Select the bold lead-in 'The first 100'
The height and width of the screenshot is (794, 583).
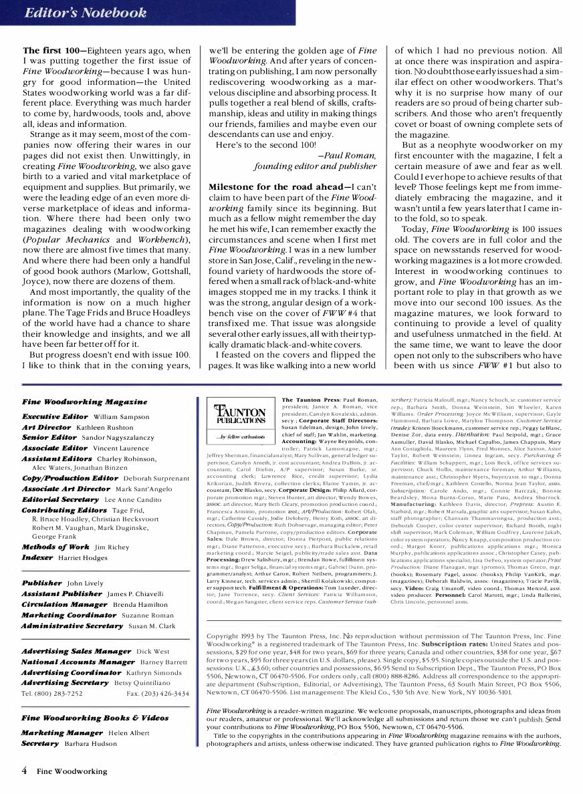(x=50, y=51)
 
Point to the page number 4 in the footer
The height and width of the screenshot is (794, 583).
(x=25, y=771)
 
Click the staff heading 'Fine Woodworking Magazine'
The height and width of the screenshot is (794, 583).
(x=84, y=402)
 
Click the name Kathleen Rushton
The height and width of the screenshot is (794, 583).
(x=109, y=427)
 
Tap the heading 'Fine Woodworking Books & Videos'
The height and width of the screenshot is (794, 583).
(x=95, y=718)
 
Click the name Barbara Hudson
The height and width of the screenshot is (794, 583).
(x=90, y=743)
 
